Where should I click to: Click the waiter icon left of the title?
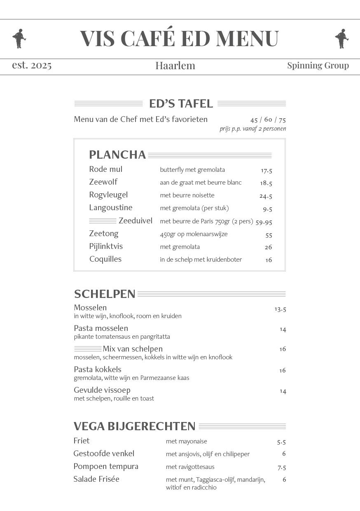[x=19, y=38]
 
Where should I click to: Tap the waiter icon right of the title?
[x=341, y=38]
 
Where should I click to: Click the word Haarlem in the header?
[x=175, y=66]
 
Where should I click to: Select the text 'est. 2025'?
[x=32, y=65]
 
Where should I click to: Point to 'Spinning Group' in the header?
[x=318, y=66]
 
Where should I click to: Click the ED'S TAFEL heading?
[x=181, y=103]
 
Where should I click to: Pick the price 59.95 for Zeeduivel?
[x=264, y=222]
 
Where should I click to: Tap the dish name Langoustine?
[x=110, y=208]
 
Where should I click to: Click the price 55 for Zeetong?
[x=269, y=235]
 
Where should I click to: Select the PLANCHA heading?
[x=117, y=155]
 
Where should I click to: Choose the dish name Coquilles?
[x=105, y=259]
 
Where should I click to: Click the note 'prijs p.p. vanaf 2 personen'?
[x=252, y=129]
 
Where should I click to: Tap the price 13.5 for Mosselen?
[x=280, y=309]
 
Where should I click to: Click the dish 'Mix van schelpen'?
[x=132, y=349]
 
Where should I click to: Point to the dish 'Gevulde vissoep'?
[x=102, y=390]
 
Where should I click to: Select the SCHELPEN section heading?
[x=105, y=294]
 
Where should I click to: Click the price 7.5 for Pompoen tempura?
[x=281, y=467]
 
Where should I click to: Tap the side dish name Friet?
[x=81, y=441]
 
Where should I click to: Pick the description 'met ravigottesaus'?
[x=190, y=467]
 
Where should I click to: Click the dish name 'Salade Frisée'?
[x=96, y=479]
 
